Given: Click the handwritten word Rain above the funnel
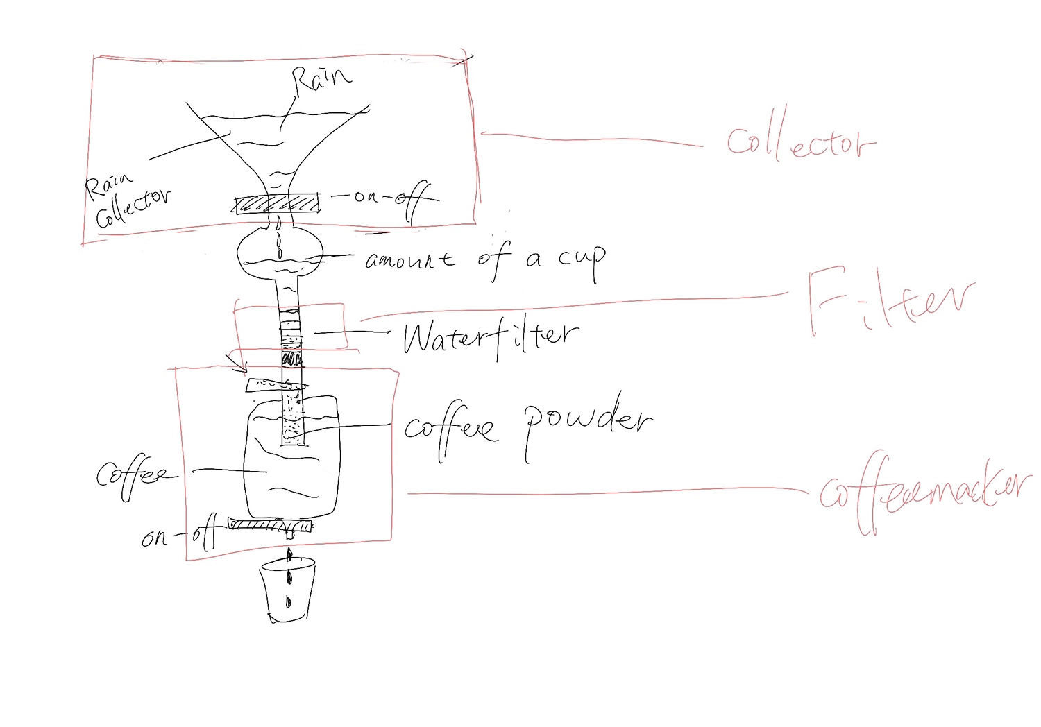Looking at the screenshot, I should [321, 80].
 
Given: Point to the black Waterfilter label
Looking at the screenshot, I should [489, 338].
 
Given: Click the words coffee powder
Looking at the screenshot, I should [527, 424].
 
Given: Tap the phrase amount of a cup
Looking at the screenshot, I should [485, 260].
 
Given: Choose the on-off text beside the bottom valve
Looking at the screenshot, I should [179, 535].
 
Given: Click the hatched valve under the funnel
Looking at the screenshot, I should [278, 205].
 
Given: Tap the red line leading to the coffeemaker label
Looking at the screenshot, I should [604, 493].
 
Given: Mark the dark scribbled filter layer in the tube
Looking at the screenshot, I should [291, 360].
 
